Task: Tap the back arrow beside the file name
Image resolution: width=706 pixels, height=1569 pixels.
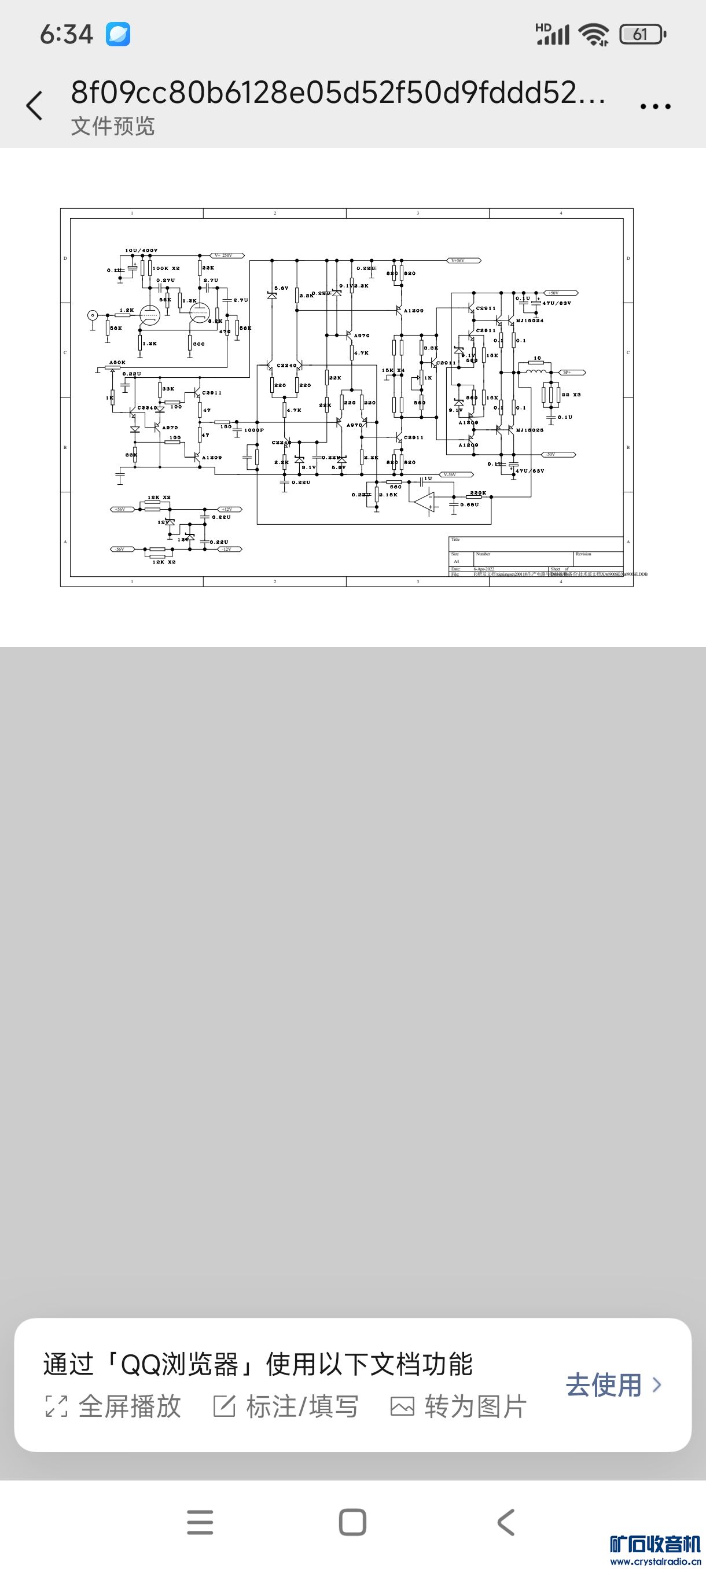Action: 35,106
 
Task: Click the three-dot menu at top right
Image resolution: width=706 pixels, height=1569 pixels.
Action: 655,106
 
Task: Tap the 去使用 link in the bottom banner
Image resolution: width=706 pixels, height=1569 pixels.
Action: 612,1385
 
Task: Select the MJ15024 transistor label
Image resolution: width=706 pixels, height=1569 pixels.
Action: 529,321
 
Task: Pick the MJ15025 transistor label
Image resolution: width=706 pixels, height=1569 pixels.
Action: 529,430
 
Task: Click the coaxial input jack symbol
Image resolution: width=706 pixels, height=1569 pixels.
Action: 93,315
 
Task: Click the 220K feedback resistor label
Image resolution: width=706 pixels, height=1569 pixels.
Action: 478,493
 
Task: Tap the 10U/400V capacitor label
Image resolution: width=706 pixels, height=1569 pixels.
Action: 141,251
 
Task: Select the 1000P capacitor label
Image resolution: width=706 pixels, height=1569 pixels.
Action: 254,430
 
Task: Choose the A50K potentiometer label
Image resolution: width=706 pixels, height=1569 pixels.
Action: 117,362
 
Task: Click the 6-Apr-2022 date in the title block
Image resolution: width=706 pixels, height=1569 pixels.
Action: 484,569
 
